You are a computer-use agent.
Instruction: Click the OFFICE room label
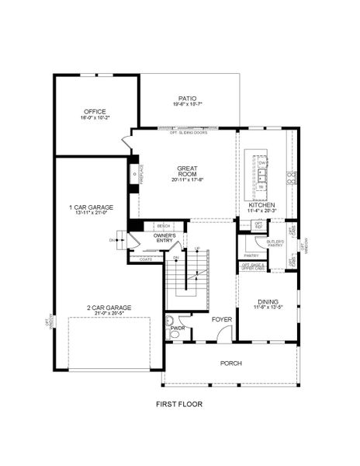click(x=95, y=112)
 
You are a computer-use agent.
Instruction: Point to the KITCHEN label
click(x=261, y=205)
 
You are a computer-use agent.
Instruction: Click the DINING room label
click(x=268, y=301)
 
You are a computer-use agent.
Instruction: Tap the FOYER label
click(x=222, y=319)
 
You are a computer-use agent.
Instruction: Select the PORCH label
click(x=230, y=363)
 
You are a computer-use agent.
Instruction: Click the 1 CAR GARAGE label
click(x=91, y=207)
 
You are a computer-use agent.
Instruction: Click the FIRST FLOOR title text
click(x=179, y=405)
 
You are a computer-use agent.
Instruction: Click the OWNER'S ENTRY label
click(x=164, y=238)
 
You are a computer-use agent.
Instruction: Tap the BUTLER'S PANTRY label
click(x=275, y=243)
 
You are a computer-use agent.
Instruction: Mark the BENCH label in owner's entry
click(x=164, y=226)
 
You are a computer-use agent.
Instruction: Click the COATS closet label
click(x=146, y=259)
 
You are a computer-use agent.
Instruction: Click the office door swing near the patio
click(x=126, y=142)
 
